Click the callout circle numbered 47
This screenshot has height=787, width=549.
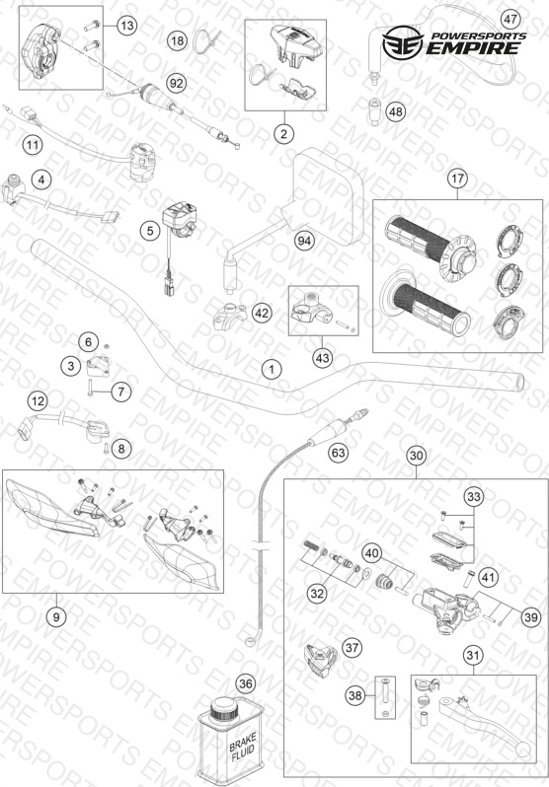point(510,20)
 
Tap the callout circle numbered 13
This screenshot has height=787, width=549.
point(127,25)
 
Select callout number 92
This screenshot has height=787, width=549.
point(177,83)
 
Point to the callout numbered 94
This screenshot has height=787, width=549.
point(304,241)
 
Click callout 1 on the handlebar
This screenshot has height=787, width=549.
point(272,370)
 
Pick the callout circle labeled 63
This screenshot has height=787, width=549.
point(339,454)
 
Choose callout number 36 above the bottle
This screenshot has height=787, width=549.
point(245,683)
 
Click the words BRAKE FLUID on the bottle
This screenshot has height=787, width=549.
point(243,747)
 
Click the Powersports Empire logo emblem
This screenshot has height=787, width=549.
point(403,43)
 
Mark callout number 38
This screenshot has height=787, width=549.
point(354,695)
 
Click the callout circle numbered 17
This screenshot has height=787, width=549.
point(457,179)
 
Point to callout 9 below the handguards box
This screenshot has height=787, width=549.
point(56,616)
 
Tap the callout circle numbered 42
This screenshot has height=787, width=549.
point(261,314)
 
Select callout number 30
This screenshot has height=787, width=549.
point(417,456)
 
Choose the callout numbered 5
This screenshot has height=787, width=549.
point(150,231)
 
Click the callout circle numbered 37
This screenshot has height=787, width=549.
point(353,648)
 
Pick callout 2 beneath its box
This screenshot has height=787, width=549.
point(284,133)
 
